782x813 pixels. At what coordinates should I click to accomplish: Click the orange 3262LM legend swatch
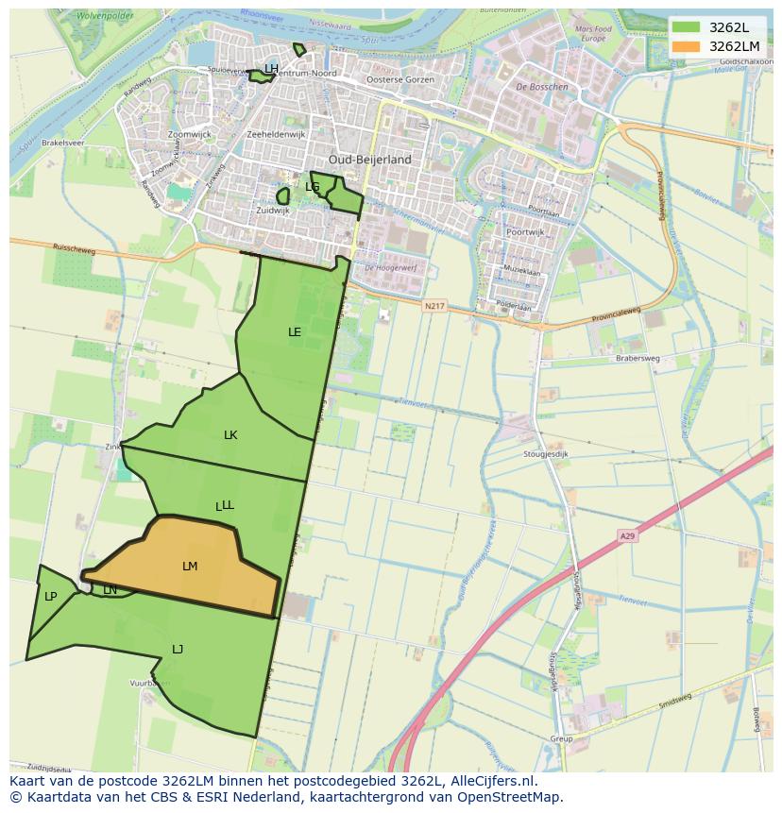click(687, 46)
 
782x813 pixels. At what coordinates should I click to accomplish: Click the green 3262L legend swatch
click(687, 27)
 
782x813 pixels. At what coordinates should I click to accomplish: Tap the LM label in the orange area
click(190, 567)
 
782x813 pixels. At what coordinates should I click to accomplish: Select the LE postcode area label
click(295, 332)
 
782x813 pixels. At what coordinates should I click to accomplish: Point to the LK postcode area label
click(230, 435)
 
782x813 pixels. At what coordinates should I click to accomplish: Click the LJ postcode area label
click(178, 649)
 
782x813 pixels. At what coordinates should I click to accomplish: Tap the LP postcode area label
click(50, 597)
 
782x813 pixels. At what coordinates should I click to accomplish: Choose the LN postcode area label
click(110, 590)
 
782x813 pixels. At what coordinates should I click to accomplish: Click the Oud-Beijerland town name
click(370, 161)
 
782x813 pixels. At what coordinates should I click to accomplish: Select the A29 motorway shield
click(628, 536)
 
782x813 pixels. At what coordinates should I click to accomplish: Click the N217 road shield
click(433, 306)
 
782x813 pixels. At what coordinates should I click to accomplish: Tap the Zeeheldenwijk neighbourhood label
click(276, 135)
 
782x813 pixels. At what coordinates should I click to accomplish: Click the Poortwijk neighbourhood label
click(525, 231)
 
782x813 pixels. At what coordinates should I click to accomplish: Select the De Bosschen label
click(542, 87)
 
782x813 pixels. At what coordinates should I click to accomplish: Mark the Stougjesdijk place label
click(546, 454)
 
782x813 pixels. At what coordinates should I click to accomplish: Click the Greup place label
click(561, 739)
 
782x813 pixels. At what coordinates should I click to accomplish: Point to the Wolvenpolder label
click(104, 16)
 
